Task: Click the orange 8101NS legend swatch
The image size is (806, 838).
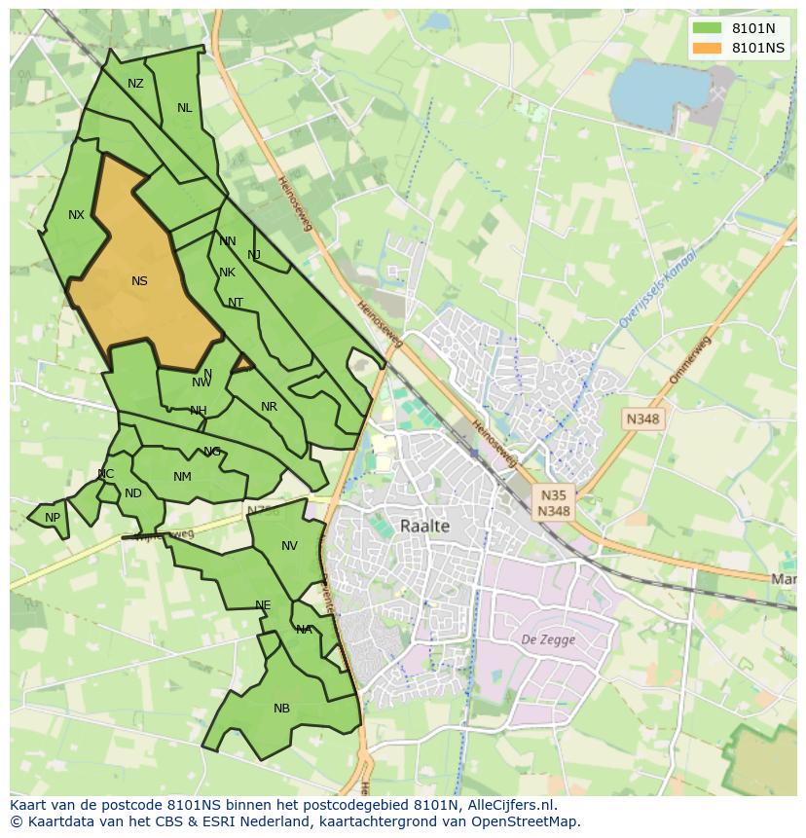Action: [x=708, y=48]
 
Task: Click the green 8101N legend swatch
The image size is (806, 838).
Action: [x=708, y=28]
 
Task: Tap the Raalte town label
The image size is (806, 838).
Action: [x=425, y=526]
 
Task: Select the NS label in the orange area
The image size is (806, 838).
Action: [x=139, y=281]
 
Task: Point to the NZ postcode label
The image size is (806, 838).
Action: [x=135, y=84]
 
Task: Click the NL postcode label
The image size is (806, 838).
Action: [x=184, y=108]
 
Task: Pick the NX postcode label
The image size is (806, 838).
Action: [x=76, y=215]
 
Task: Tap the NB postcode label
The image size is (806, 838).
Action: [x=281, y=709]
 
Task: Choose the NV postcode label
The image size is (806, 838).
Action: [x=289, y=546]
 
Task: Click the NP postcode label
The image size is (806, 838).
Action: [x=53, y=518]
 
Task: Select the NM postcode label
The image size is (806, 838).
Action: [x=182, y=477]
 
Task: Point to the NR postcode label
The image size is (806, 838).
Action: [x=269, y=407]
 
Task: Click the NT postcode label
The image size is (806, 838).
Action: [x=236, y=303]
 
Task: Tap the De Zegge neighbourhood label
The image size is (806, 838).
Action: [x=548, y=639]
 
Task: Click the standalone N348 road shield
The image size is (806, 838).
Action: [x=642, y=419]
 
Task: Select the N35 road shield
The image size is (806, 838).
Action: [x=554, y=494]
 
